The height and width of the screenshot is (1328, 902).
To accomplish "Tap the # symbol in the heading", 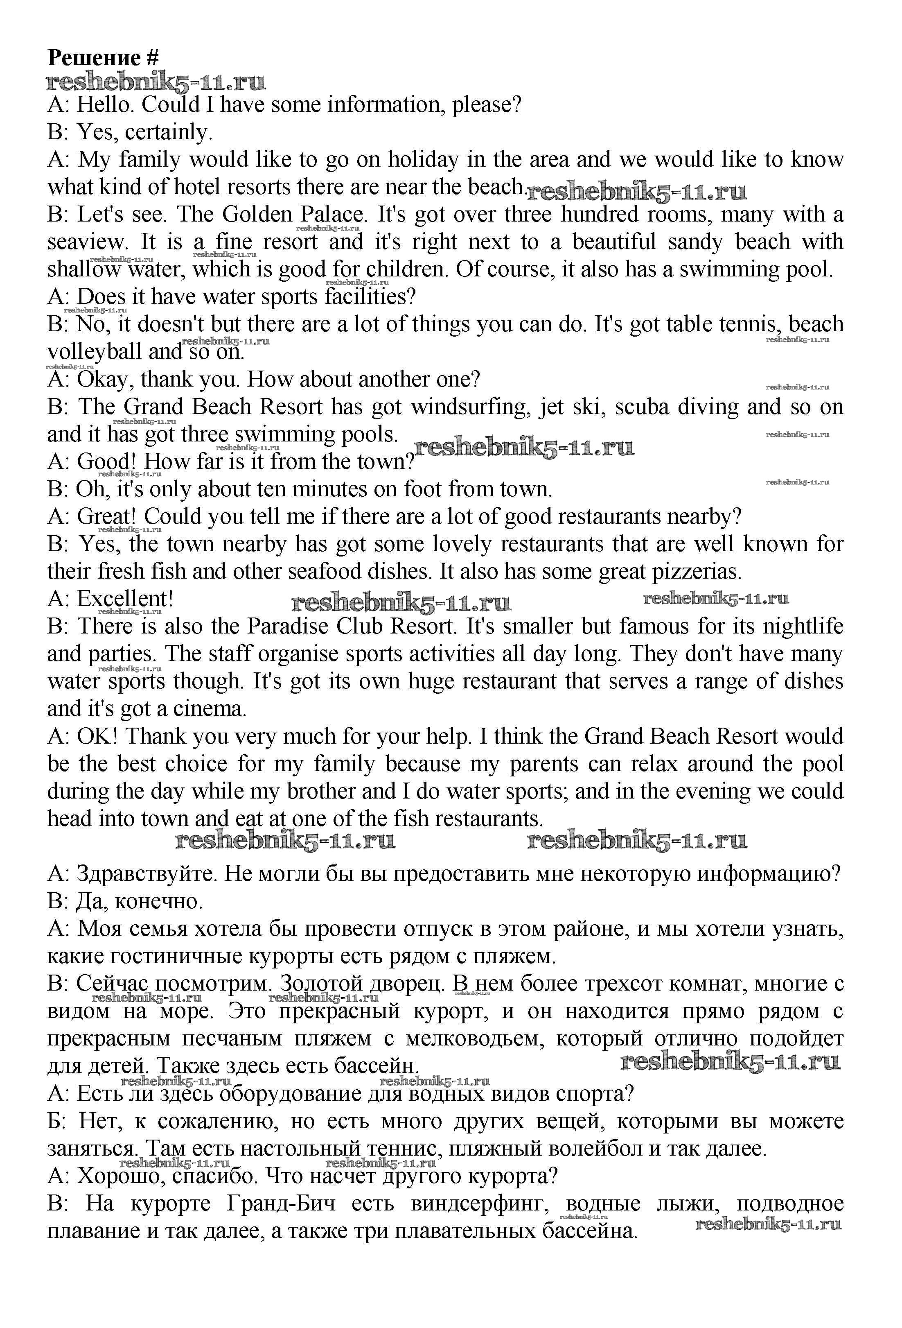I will point(153,58).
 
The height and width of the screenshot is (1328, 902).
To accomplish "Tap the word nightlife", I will point(797,626).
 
